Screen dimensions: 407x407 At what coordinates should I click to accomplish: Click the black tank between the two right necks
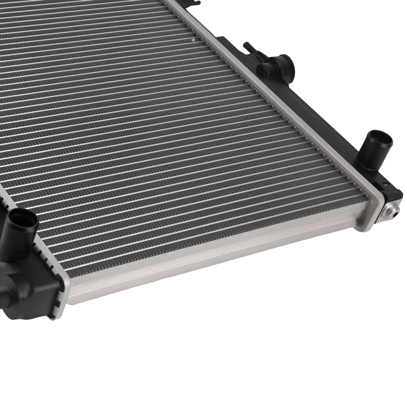pos(326,110)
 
